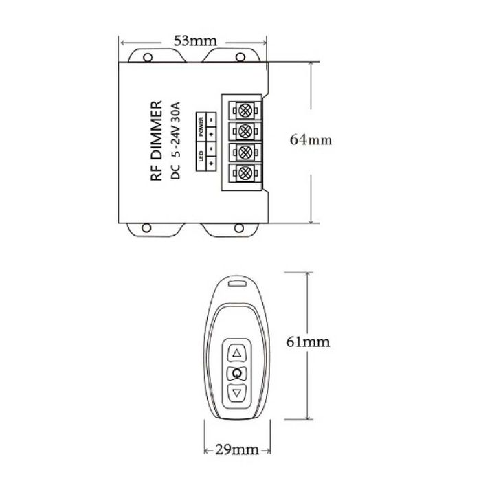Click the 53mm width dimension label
coord(193,41)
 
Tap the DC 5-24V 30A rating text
coord(175,142)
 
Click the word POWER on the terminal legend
coord(201,128)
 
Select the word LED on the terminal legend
coord(201,157)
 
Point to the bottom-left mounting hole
coord(145,229)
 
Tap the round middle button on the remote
coord(237,373)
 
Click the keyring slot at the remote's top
coord(237,281)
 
